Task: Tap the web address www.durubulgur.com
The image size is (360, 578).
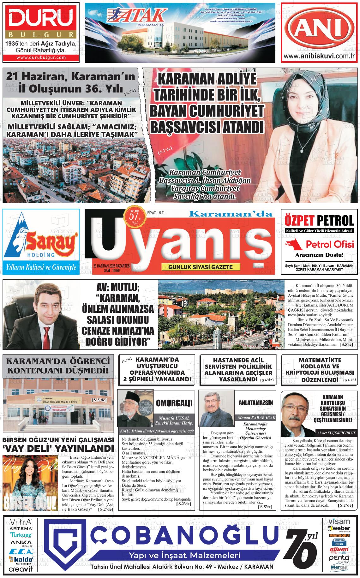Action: pos(41,57)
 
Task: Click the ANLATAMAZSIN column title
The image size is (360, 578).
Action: pos(256,403)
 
